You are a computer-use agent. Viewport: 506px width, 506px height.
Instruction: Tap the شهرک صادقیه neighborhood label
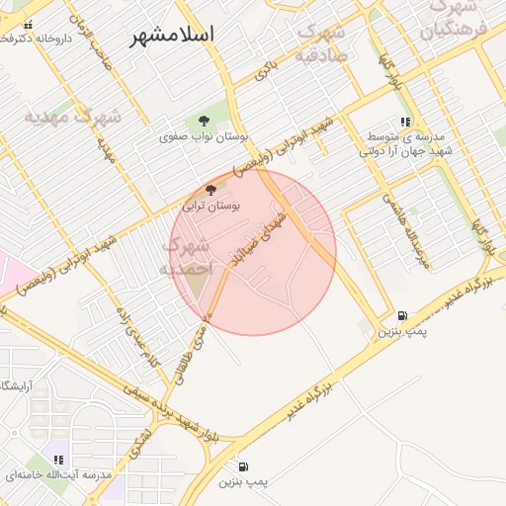[323, 44]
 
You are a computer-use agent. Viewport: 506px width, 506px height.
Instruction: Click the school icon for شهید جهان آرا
[405, 123]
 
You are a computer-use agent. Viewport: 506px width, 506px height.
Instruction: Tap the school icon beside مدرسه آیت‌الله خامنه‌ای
[58, 460]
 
